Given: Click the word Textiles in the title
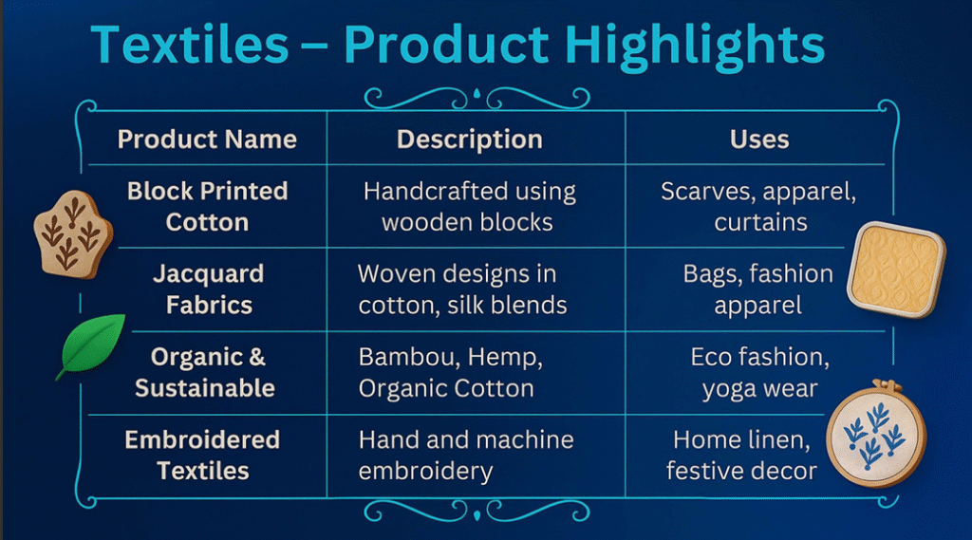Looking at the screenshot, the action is (190, 45).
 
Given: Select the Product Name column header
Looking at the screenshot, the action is (207, 140).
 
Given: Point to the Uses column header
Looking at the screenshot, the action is (759, 140).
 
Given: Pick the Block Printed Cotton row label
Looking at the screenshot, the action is (207, 207).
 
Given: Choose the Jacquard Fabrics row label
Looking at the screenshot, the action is (208, 289).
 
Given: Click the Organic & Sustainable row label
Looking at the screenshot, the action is (205, 372).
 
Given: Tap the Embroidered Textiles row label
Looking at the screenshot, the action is (202, 456).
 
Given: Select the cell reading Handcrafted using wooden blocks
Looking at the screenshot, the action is (469, 207).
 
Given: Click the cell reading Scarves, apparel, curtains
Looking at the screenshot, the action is (758, 207).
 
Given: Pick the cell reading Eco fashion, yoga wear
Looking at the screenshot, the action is (760, 373).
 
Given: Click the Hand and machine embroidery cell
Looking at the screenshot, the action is (466, 456).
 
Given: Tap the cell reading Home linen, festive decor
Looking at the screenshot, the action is (742, 456).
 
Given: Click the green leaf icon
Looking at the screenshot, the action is (92, 344).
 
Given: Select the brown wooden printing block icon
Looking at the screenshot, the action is (72, 234).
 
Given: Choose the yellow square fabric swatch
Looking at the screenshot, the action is (896, 270).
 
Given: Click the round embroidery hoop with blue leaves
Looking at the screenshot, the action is (876, 433).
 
